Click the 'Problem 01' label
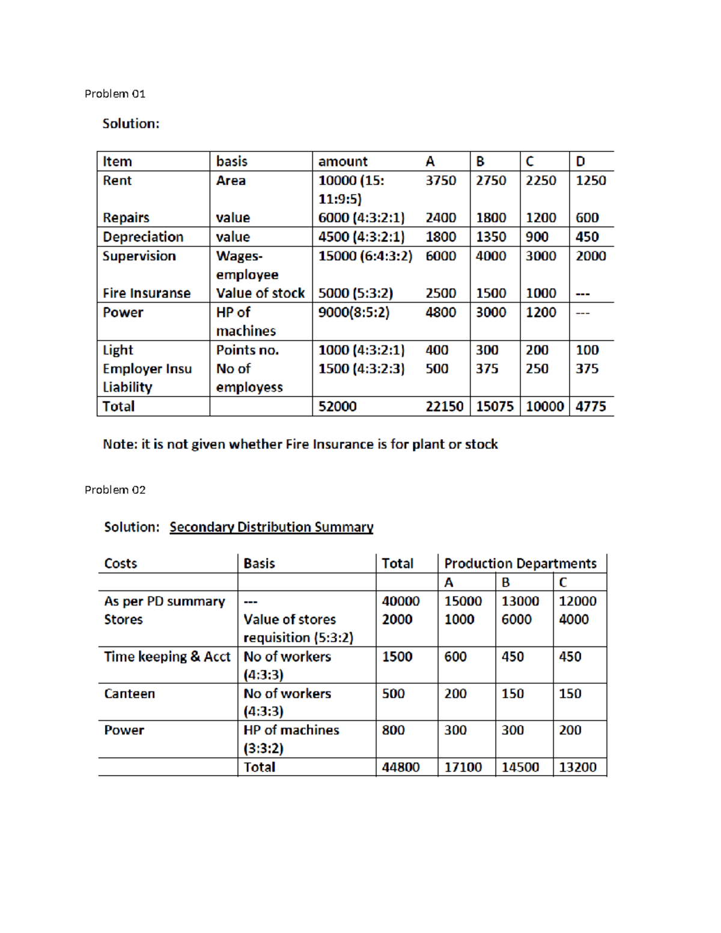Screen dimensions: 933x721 tap(115, 94)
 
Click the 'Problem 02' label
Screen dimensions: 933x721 tap(115, 490)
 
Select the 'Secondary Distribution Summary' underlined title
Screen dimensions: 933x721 tap(271, 527)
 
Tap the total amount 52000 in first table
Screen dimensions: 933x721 tap(337, 407)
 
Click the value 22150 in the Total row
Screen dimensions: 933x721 tap(444, 407)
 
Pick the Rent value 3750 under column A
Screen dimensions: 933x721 tap(440, 181)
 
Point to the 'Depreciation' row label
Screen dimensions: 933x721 tap(143, 237)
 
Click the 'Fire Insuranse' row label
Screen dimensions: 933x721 tap(147, 293)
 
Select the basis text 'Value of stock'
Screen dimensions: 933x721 tap(260, 293)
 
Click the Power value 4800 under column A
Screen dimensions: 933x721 tap(440, 312)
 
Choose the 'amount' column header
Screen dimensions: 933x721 tap(342, 162)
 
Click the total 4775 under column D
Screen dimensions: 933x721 tap(591, 407)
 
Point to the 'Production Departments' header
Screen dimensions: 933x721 tap(520, 564)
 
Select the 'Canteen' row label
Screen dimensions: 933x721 tap(129, 694)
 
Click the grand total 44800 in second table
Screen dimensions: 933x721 tap(401, 767)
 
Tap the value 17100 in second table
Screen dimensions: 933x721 tap(463, 767)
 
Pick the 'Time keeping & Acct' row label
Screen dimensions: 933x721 tap(167, 657)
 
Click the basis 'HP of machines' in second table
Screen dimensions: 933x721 tap(291, 730)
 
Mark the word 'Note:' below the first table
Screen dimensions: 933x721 tap(120, 445)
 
